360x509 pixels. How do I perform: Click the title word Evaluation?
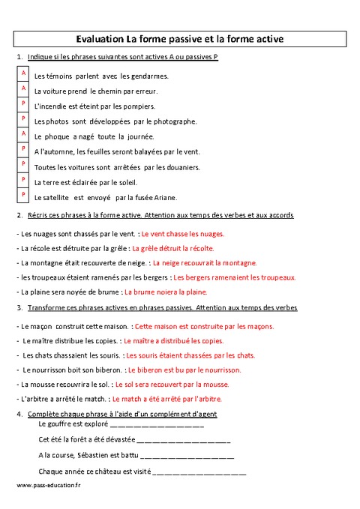click(x=100, y=37)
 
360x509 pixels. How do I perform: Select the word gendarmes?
click(x=150, y=76)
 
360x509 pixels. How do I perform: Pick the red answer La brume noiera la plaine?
click(x=166, y=292)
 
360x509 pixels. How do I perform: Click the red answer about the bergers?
click(x=240, y=277)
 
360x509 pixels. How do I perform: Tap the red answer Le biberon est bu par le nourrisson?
click(x=184, y=370)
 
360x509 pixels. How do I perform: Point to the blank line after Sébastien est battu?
click(x=187, y=456)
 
